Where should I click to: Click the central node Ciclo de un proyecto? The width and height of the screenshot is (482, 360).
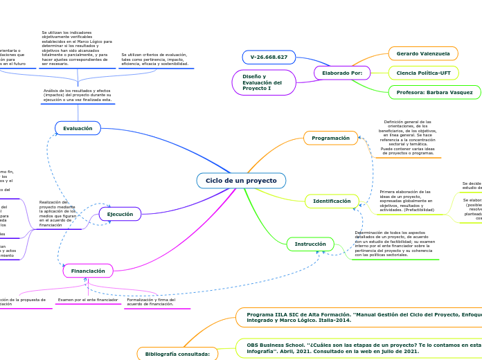click(x=241, y=181)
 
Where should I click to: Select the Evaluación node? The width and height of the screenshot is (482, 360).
click(x=78, y=128)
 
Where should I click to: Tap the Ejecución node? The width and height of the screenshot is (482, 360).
click(x=120, y=214)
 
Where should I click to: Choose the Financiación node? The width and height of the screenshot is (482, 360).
click(x=88, y=271)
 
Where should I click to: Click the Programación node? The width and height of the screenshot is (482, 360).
click(x=330, y=138)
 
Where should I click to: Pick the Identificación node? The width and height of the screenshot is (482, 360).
click(x=332, y=201)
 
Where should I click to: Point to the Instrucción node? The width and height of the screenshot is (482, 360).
click(x=310, y=244)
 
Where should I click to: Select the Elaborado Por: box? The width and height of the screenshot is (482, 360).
click(x=342, y=73)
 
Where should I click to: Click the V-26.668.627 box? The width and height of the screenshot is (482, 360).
click(x=269, y=57)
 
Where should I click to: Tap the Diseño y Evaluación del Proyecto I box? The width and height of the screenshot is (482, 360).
click(x=264, y=82)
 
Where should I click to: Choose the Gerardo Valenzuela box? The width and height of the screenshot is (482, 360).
click(x=423, y=53)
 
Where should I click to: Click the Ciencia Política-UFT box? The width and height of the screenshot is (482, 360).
click(x=423, y=73)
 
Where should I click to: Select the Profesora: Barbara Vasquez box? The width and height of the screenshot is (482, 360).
click(x=434, y=92)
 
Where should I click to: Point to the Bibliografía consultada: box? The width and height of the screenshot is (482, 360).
click(x=177, y=354)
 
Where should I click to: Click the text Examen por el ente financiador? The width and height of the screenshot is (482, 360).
click(x=87, y=300)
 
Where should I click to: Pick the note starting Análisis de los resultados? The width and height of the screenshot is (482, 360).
click(x=78, y=95)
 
